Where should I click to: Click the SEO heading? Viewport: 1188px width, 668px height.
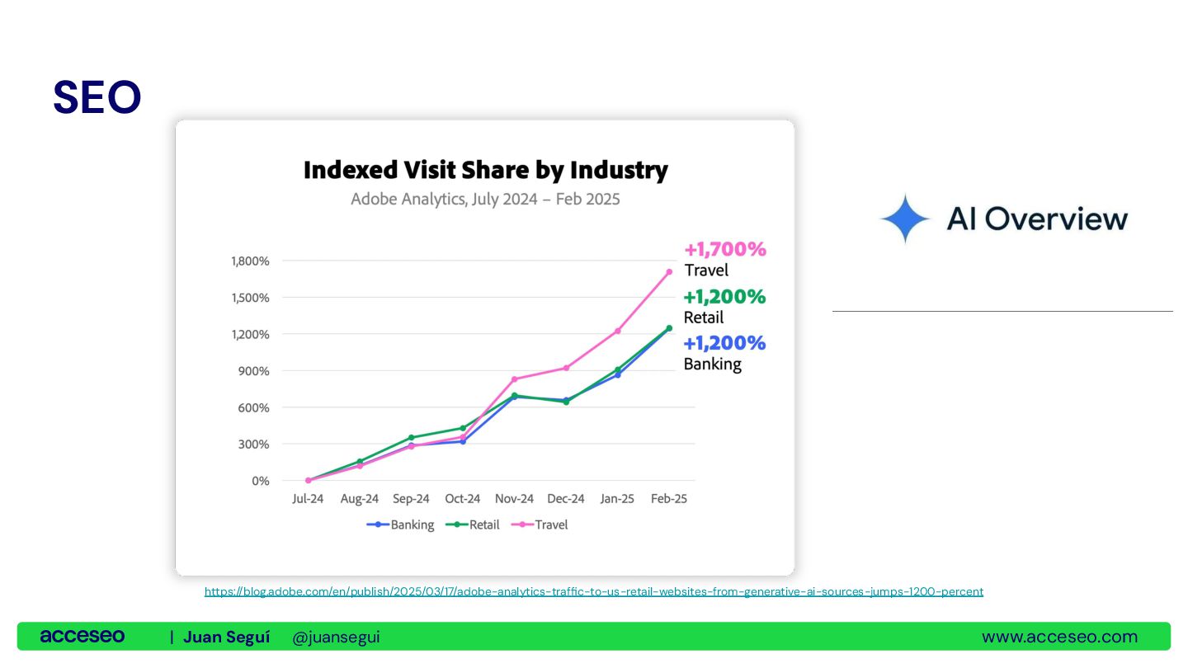(97, 97)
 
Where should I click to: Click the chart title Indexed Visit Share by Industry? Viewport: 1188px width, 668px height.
(485, 171)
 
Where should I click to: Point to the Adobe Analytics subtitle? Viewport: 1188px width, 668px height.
(485, 200)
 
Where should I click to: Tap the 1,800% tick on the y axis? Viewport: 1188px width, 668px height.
(249, 261)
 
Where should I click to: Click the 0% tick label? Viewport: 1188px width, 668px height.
(260, 481)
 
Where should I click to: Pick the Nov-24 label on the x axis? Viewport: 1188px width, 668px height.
(514, 499)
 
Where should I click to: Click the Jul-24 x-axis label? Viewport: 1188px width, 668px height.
(308, 499)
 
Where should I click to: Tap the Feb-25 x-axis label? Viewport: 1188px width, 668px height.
(668, 499)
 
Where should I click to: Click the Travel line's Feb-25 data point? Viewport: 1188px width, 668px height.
(669, 271)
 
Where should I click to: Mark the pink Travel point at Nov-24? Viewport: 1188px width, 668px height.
(514, 379)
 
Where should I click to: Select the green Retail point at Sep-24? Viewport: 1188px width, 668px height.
(411, 437)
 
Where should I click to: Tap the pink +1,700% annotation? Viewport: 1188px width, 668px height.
(725, 249)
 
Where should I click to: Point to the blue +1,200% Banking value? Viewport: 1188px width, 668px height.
(725, 343)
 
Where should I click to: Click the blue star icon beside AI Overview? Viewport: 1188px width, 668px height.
(905, 219)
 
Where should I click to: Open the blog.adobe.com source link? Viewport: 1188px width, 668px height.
(594, 591)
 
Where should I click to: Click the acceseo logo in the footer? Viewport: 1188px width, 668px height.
(82, 637)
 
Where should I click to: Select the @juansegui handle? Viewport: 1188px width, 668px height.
(336, 637)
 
